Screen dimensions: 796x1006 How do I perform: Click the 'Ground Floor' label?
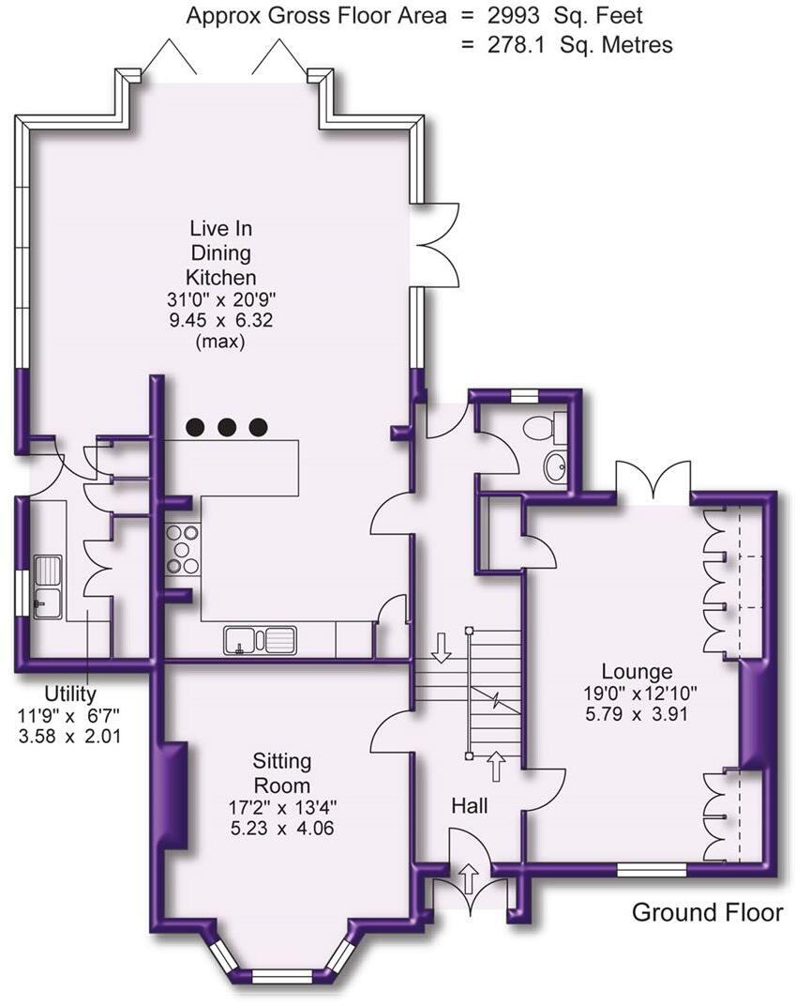(x=707, y=912)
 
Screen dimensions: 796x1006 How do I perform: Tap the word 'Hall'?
(x=470, y=806)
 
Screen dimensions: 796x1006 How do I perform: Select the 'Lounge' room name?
(x=637, y=672)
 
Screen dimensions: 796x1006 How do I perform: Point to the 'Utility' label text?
(x=70, y=694)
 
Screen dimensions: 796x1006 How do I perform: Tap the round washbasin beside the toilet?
(x=556, y=467)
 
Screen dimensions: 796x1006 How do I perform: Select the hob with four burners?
(x=182, y=549)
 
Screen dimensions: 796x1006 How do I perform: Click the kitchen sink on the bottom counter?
(x=261, y=640)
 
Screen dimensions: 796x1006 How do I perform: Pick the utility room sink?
(x=48, y=587)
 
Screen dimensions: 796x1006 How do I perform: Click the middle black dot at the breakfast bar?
(x=226, y=426)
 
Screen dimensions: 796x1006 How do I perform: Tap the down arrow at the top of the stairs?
(x=441, y=648)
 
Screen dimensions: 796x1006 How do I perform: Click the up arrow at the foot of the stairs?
(x=496, y=767)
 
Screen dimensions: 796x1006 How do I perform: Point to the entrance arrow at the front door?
(x=469, y=878)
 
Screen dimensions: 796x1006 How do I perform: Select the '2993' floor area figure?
(x=514, y=15)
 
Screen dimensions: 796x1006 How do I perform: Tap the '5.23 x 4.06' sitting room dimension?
(x=282, y=829)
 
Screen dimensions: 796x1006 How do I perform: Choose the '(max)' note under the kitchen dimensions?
(x=219, y=342)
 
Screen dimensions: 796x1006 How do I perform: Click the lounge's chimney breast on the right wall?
(x=754, y=714)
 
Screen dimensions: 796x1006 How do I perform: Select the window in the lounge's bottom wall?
(x=652, y=869)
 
